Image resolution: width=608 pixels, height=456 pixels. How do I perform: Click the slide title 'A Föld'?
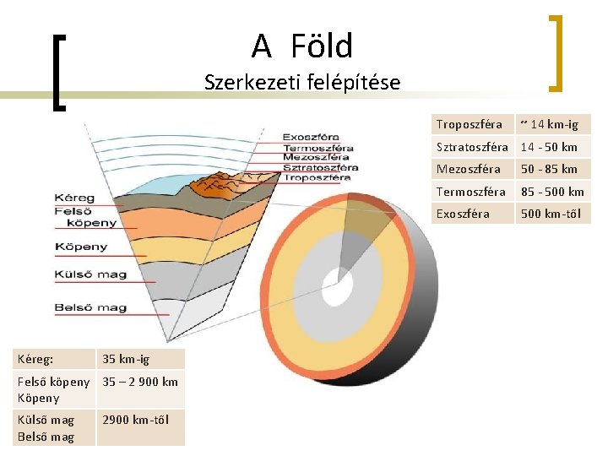click(301, 46)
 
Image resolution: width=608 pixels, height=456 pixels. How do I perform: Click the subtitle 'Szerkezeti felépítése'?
click(302, 83)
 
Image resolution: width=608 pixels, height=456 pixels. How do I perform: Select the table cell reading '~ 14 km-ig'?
click(553, 124)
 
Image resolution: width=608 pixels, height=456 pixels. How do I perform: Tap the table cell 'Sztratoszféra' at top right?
click(473, 147)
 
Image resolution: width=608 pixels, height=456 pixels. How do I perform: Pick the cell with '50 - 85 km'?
click(553, 169)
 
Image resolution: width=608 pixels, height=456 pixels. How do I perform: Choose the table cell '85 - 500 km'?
click(553, 191)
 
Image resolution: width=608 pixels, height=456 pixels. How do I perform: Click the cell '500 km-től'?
click(553, 214)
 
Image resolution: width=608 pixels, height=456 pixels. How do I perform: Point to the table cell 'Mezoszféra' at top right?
click(473, 169)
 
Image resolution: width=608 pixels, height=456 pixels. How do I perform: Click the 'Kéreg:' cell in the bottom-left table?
click(55, 359)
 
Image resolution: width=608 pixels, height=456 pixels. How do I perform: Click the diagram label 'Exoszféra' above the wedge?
click(311, 136)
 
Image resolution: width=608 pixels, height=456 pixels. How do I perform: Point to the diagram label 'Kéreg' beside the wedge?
click(74, 198)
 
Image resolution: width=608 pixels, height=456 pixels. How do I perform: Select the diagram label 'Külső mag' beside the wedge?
click(90, 274)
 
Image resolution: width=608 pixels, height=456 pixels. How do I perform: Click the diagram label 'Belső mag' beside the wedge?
click(90, 307)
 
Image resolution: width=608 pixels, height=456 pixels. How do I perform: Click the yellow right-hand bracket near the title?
click(556, 52)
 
